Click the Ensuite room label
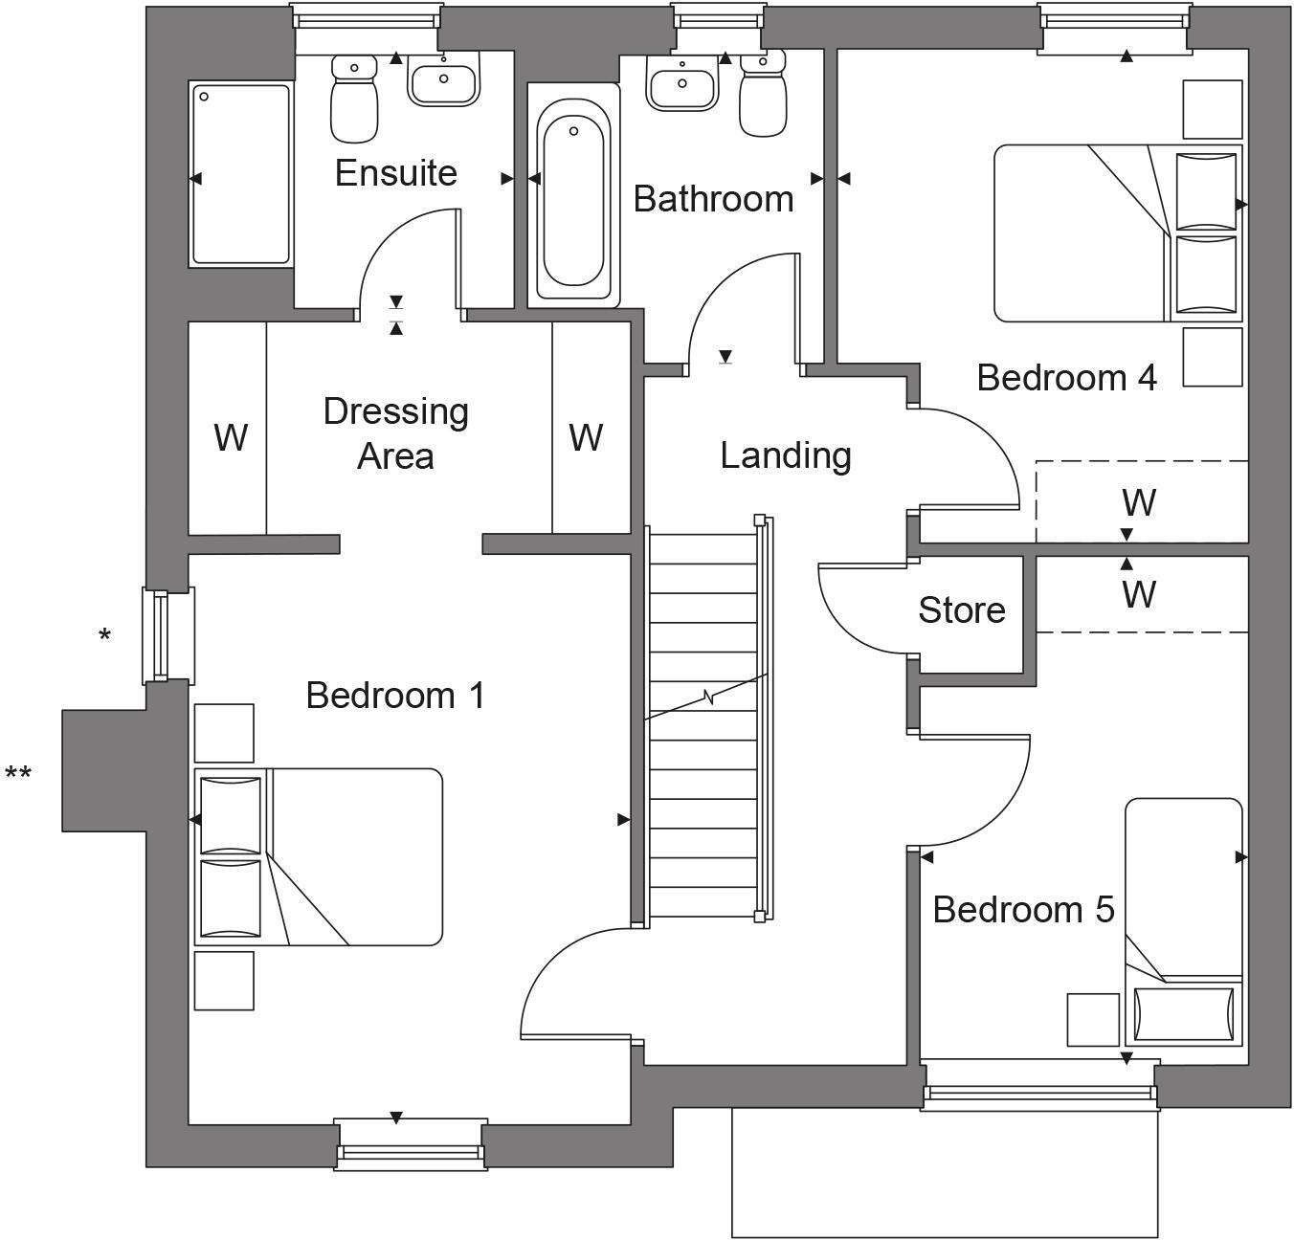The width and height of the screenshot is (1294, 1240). [395, 173]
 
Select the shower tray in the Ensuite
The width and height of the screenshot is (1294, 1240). [241, 174]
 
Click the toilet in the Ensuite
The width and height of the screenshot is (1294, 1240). [354, 98]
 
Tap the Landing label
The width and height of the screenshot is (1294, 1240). [785, 455]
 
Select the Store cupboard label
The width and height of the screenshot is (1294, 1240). [961, 610]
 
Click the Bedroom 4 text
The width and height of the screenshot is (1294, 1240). [1066, 378]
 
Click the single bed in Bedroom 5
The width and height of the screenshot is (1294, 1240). [1183, 919]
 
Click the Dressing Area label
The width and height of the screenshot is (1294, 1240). [395, 433]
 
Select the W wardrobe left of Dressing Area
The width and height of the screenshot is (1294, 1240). [230, 437]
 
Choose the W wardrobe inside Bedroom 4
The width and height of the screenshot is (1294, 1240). [1139, 501]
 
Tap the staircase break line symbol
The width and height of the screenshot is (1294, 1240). [708, 697]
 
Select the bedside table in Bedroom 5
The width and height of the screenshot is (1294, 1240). [1093, 1019]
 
